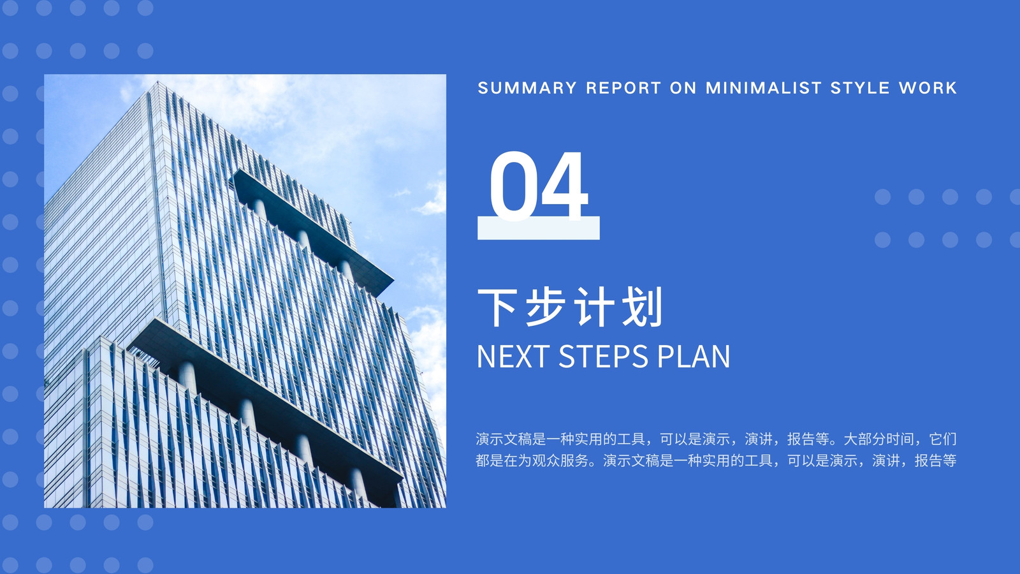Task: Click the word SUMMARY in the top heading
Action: click(527, 87)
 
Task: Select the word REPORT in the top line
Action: click(623, 87)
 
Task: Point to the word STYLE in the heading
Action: click(860, 87)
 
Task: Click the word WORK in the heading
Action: click(928, 87)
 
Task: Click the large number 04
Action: click(539, 186)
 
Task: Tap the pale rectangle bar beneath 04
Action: click(538, 228)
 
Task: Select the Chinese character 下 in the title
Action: click(497, 307)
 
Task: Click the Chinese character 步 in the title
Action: click(546, 307)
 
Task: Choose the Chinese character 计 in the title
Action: click(594, 307)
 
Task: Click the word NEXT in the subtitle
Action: click(513, 357)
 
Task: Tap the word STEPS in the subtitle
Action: click(603, 357)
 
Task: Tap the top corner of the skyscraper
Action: click(157, 82)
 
